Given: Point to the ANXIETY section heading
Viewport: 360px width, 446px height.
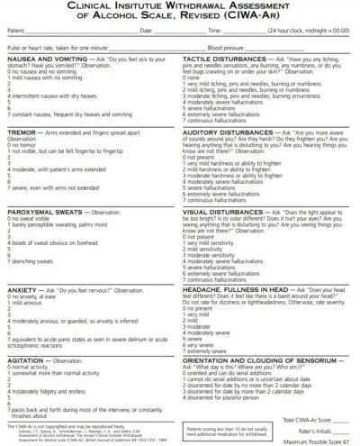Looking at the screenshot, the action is (x=22, y=289).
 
